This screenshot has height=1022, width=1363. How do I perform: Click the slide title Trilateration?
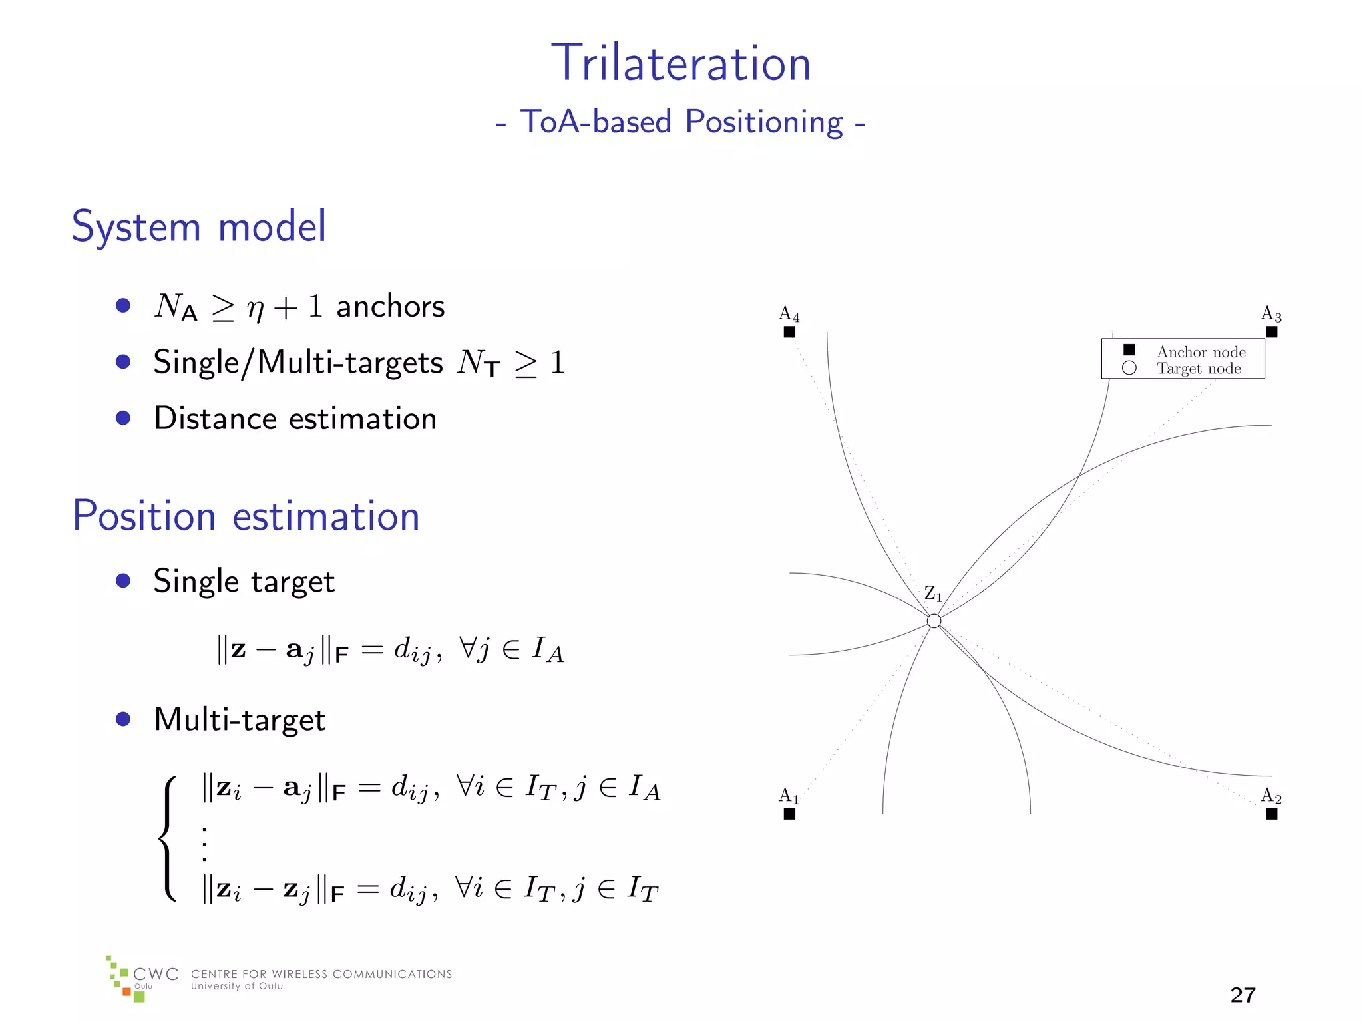[681, 63]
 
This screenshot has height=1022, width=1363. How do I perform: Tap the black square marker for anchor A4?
[789, 332]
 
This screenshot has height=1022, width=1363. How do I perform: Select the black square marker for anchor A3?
[1271, 332]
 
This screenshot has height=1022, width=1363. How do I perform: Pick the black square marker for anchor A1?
[789, 814]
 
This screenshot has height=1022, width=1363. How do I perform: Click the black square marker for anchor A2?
[1271, 814]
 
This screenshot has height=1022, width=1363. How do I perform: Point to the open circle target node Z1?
[934, 621]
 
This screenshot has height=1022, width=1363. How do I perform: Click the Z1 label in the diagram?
[933, 594]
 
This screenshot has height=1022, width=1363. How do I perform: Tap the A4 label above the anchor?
[789, 313]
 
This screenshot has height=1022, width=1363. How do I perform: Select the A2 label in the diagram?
[1270, 796]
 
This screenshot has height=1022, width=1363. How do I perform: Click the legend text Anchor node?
[1201, 352]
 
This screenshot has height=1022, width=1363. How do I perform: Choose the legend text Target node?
[1199, 369]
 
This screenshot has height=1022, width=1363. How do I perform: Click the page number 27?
[1243, 995]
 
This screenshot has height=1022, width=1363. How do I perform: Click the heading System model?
[199, 226]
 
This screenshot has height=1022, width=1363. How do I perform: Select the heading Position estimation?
[246, 516]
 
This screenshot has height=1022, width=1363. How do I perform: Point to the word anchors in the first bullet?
[390, 307]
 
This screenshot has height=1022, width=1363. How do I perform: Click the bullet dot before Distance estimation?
[123, 418]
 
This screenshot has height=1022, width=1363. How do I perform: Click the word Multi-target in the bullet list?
[240, 720]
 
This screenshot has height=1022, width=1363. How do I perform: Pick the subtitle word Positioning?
[764, 122]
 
